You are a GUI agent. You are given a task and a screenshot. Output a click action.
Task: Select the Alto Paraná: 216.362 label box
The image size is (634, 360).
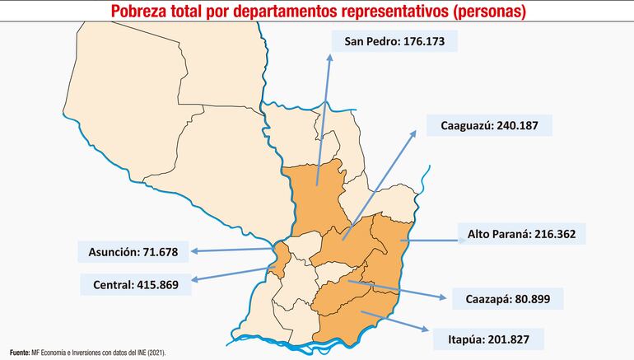[x=521, y=234]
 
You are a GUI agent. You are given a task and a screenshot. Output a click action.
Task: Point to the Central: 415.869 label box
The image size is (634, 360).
[x=136, y=284]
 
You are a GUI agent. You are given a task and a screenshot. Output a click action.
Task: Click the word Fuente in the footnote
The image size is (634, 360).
[x=19, y=352]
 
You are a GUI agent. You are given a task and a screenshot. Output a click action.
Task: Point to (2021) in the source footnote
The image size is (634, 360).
[x=156, y=352]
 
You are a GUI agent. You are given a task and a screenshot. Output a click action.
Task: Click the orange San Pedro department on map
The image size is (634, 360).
[x=317, y=198]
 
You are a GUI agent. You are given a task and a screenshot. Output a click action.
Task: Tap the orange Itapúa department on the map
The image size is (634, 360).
[x=350, y=317]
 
